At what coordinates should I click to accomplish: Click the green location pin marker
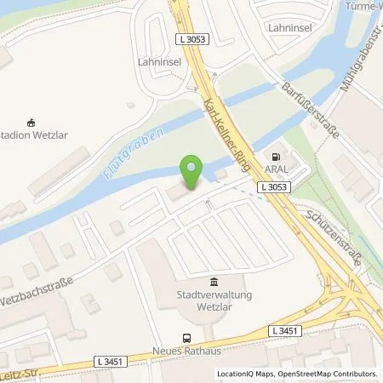click(191, 169)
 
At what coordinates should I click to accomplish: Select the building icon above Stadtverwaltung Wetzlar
click(214, 283)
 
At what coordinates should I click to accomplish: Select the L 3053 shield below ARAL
click(275, 186)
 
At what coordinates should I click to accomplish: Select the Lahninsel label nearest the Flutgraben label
click(157, 62)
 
